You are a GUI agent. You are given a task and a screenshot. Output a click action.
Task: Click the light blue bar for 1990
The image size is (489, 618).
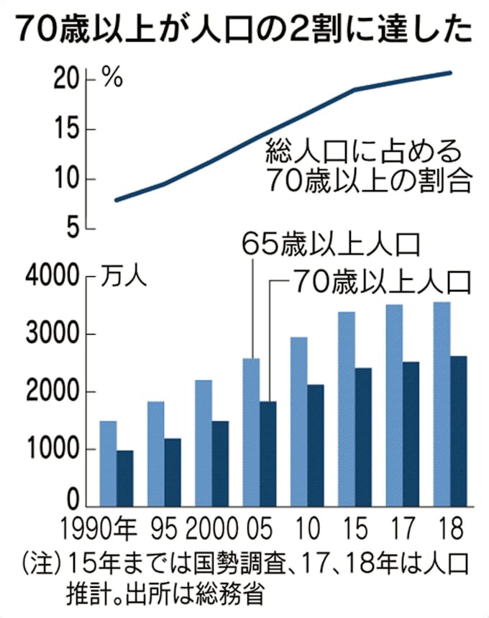click(x=108, y=463)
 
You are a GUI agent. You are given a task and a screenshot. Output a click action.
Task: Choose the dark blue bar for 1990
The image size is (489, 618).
click(x=125, y=478)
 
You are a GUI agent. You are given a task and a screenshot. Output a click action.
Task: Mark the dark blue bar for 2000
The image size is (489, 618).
click(x=220, y=463)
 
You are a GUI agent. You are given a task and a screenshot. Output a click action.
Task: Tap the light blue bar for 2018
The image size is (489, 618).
click(x=442, y=404)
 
